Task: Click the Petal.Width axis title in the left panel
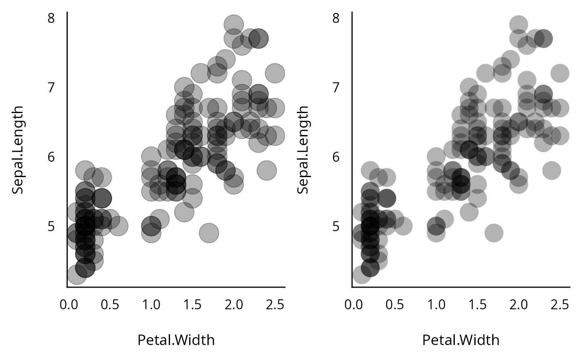(176, 340)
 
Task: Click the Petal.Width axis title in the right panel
(461, 340)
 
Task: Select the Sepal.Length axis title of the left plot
(17, 150)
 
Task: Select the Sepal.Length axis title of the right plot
(303, 150)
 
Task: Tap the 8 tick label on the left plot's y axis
(51, 18)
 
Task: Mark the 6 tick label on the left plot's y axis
(51, 157)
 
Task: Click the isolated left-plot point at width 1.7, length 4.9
(209, 233)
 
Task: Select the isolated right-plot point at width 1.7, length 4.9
(493, 233)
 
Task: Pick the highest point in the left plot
(233, 25)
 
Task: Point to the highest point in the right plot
(518, 25)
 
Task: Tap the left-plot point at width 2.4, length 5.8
(266, 170)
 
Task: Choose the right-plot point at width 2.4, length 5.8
(551, 170)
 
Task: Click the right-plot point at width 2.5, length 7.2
(560, 73)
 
